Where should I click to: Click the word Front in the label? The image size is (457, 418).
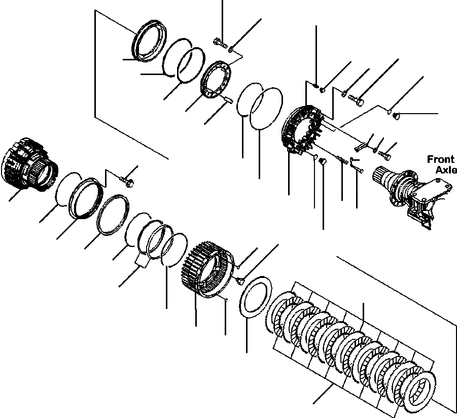tap(440, 159)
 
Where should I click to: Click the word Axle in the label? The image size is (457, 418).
tap(446, 170)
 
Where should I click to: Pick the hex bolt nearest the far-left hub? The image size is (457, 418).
tap(128, 180)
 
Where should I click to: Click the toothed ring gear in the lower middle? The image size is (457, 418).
tap(205, 269)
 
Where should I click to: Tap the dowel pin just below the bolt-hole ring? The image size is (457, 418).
tap(227, 100)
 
